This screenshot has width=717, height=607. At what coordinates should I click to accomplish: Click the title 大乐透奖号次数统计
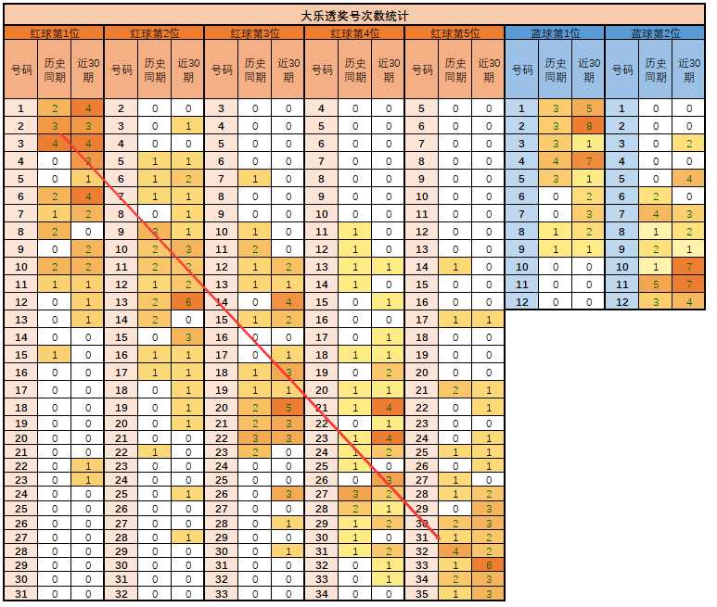pos(354,16)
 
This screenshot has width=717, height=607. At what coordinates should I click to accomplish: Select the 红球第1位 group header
pos(55,33)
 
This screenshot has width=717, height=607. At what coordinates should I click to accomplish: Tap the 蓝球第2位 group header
pos(655,33)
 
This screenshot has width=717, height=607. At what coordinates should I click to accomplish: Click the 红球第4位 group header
pos(355,33)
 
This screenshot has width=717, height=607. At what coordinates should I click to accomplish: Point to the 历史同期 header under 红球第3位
pos(255,70)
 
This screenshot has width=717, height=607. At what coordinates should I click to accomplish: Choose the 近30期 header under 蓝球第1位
pos(589,70)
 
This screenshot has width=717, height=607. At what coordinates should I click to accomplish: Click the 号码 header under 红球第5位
pos(422,70)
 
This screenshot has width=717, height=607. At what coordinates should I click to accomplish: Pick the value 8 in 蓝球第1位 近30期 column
pos(589,126)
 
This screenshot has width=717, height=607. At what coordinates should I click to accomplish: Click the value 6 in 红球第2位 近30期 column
pos(188,302)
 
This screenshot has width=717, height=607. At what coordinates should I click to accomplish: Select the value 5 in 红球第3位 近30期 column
pos(288,408)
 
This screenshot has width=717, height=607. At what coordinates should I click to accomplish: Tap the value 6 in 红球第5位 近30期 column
pos(489,565)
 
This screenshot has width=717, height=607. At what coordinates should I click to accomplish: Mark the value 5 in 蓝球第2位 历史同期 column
pos(656,285)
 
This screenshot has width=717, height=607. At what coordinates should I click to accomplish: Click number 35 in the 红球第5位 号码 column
pos(422,594)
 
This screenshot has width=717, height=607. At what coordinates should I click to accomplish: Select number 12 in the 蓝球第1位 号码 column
pos(521,302)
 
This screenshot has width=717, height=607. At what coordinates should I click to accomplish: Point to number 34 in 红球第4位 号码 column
pos(322,594)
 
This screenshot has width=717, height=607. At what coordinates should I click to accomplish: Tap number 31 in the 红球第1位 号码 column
pos(21,594)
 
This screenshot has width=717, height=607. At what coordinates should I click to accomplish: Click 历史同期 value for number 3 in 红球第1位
pos(55,144)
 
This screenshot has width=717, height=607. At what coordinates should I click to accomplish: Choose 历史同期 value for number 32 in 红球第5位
pos(455,551)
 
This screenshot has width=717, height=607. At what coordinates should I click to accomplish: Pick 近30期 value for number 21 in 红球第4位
pos(389,408)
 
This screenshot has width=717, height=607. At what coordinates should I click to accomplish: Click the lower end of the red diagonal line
pos(439,538)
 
